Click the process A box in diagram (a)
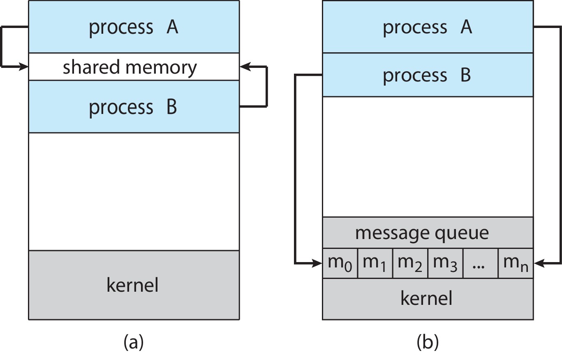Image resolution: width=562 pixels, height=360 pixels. (134, 27)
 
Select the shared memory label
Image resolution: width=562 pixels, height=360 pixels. (130, 67)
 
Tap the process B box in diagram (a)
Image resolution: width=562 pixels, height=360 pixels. (134, 107)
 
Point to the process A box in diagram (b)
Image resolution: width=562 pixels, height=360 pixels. (428, 27)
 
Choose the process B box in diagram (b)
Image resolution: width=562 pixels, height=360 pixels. (428, 75)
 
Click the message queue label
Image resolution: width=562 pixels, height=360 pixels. (422, 233)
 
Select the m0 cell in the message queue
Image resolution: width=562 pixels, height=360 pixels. (340, 263)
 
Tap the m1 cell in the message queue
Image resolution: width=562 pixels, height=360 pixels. (375, 263)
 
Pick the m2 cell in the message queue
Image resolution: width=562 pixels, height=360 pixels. (410, 263)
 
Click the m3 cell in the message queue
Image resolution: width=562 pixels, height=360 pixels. (446, 263)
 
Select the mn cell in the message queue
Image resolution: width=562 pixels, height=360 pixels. (515, 263)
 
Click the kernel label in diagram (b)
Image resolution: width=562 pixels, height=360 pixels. (426, 298)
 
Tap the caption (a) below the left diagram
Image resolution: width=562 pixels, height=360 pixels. (133, 342)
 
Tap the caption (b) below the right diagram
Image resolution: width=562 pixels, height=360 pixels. (428, 342)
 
